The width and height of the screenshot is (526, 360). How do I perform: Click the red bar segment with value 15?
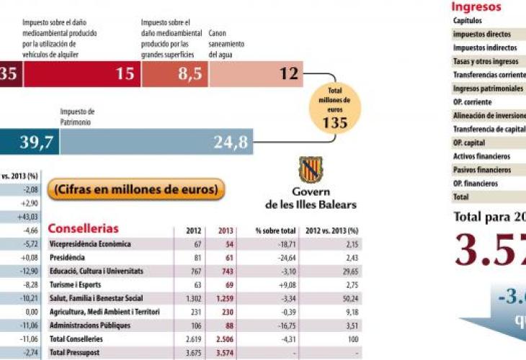pyautogui.click(x=79, y=73)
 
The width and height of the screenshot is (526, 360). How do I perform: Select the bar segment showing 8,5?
pyautogui.click(x=174, y=73)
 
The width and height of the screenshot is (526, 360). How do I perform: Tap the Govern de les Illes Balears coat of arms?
pyautogui.click(x=311, y=170)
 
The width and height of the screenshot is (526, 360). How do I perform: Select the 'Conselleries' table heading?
pyautogui.click(x=83, y=229)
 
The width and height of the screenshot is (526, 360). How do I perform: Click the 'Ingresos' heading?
pyautogui.click(x=476, y=7)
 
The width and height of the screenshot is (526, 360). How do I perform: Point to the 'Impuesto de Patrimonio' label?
pyautogui.click(x=78, y=117)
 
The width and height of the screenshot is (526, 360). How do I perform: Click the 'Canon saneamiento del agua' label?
pyautogui.click(x=226, y=44)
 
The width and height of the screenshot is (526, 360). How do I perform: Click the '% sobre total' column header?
pyautogui.click(x=275, y=231)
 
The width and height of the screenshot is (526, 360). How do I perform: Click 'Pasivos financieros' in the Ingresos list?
pyautogui.click(x=482, y=170)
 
